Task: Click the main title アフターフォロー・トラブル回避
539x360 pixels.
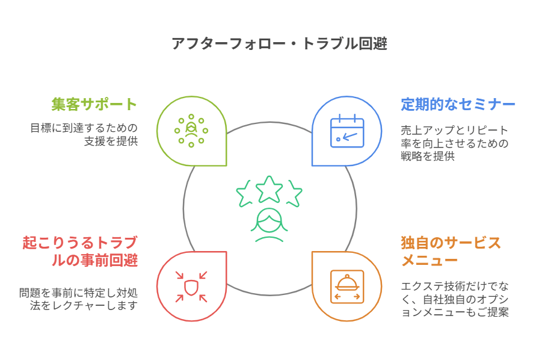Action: click(280, 44)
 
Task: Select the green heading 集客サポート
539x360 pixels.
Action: click(94, 104)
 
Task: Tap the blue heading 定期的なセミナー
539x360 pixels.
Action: click(458, 104)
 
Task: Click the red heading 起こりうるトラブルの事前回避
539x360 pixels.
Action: click(80, 251)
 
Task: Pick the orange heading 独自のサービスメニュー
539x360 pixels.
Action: click(451, 251)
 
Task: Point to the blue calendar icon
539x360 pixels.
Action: click(347, 131)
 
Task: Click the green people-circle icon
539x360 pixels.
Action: click(191, 131)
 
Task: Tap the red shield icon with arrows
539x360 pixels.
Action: click(191, 287)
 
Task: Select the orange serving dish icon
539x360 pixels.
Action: click(347, 287)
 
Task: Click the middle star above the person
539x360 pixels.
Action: click(269, 189)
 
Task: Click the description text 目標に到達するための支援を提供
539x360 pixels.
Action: click(84, 134)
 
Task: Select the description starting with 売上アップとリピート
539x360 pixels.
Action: click(454, 143)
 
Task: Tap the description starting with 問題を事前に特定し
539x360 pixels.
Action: click(78, 299)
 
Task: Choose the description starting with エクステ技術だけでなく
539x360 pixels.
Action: click(454, 299)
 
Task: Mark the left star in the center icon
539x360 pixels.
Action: click(246, 193)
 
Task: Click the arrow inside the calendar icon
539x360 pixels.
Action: click(350, 137)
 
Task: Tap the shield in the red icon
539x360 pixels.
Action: click(191, 287)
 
